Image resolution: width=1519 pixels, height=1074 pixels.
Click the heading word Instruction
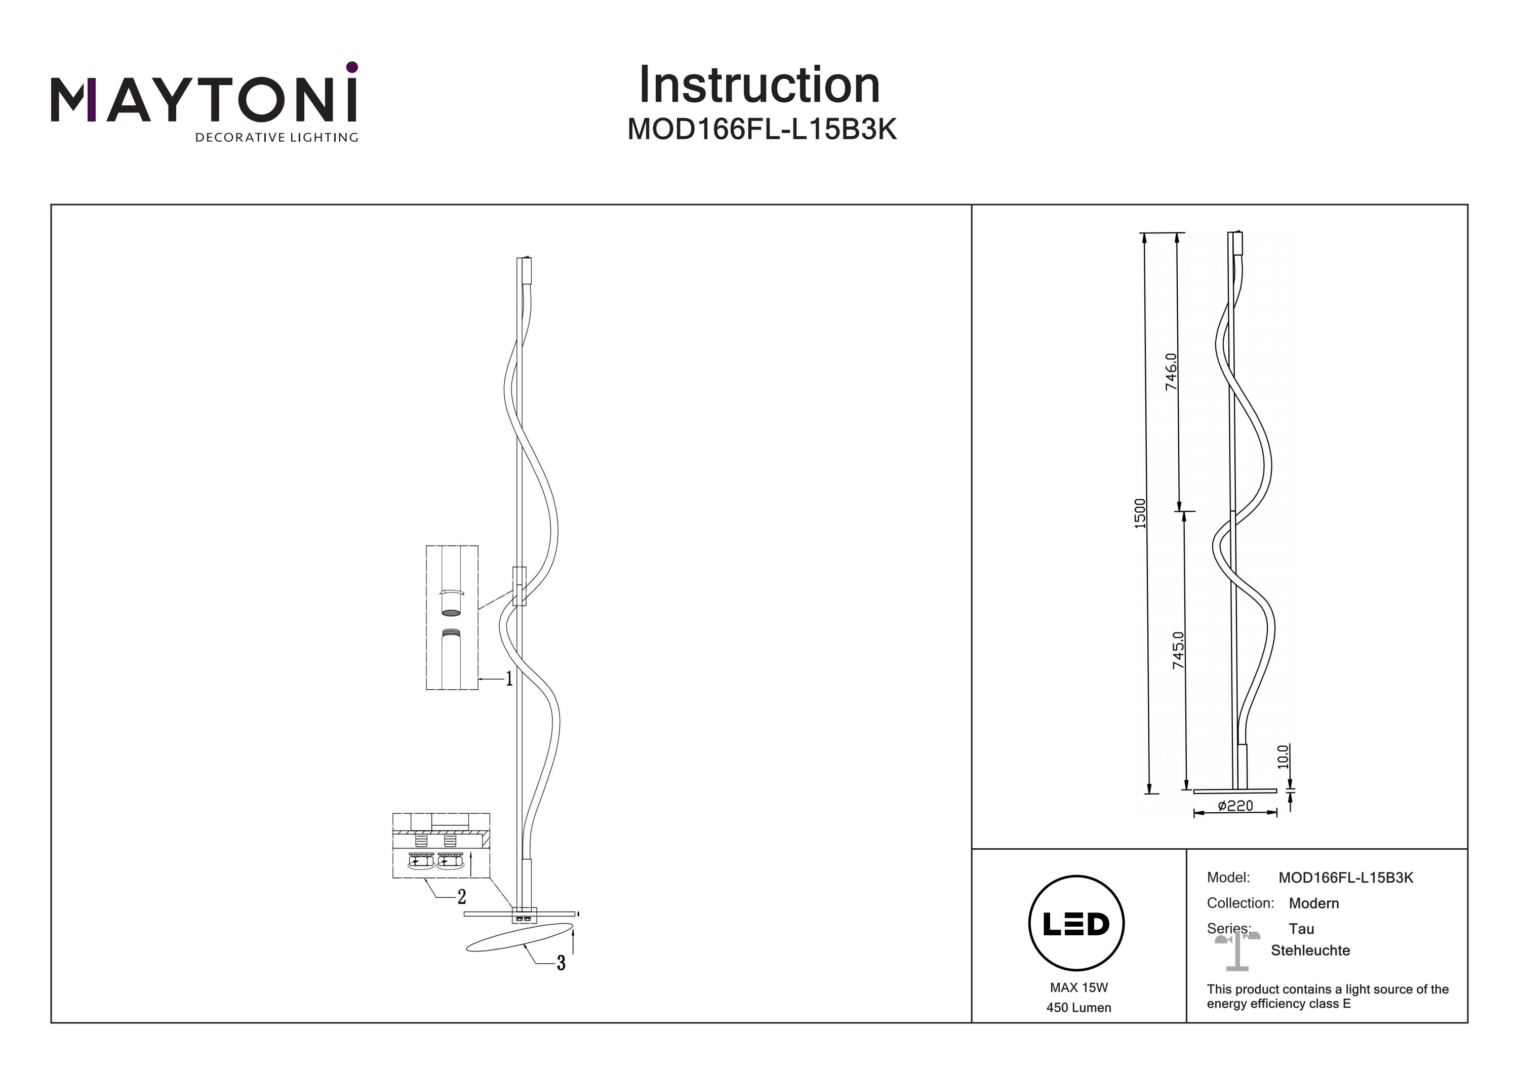[x=759, y=86]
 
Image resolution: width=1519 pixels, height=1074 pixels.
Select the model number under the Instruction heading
[x=762, y=130]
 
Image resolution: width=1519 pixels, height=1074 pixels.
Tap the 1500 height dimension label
[x=1139, y=513]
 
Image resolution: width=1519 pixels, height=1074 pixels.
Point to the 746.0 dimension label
[x=1171, y=372]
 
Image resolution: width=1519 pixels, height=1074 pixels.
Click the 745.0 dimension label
[x=1178, y=650]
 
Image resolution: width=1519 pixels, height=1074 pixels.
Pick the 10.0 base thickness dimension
[x=1283, y=757]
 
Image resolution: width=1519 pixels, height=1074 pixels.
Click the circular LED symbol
[x=1076, y=923]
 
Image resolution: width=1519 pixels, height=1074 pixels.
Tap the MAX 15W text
[x=1078, y=988]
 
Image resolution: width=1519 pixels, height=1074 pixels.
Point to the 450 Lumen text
[x=1078, y=1008]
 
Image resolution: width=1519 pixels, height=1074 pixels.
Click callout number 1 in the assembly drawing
[x=509, y=679]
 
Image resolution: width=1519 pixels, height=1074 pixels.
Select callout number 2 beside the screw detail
[x=462, y=897]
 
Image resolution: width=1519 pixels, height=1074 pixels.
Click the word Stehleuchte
[x=1310, y=950]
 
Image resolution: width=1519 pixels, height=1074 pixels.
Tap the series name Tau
[x=1301, y=929]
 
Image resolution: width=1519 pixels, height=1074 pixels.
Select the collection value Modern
[x=1314, y=903]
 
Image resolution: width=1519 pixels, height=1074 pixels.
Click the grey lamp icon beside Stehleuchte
[x=1237, y=950]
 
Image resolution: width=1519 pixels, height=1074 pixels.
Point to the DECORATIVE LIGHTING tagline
[x=276, y=138]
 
